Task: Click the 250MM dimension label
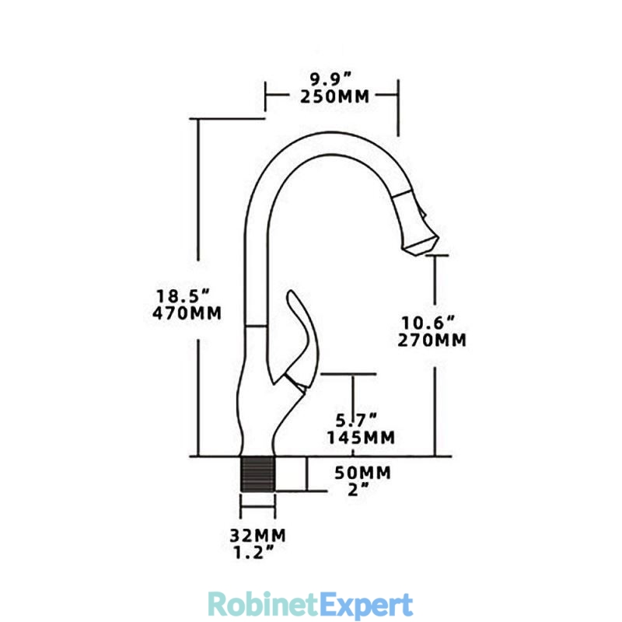coord(334,96)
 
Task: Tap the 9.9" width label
coord(331,79)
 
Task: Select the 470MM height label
coord(187,313)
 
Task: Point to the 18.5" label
coord(183,296)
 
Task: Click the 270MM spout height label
coord(432,341)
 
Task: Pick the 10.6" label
coord(428,323)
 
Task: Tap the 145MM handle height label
coord(361,438)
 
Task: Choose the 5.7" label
coord(356,420)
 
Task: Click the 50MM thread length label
coord(362,473)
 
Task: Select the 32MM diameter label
coord(258,536)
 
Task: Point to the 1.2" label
coord(254,552)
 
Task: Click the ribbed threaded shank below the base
coord(257,474)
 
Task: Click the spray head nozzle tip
coord(421,246)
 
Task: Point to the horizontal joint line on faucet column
coord(256,326)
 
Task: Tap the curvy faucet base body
coord(258,417)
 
